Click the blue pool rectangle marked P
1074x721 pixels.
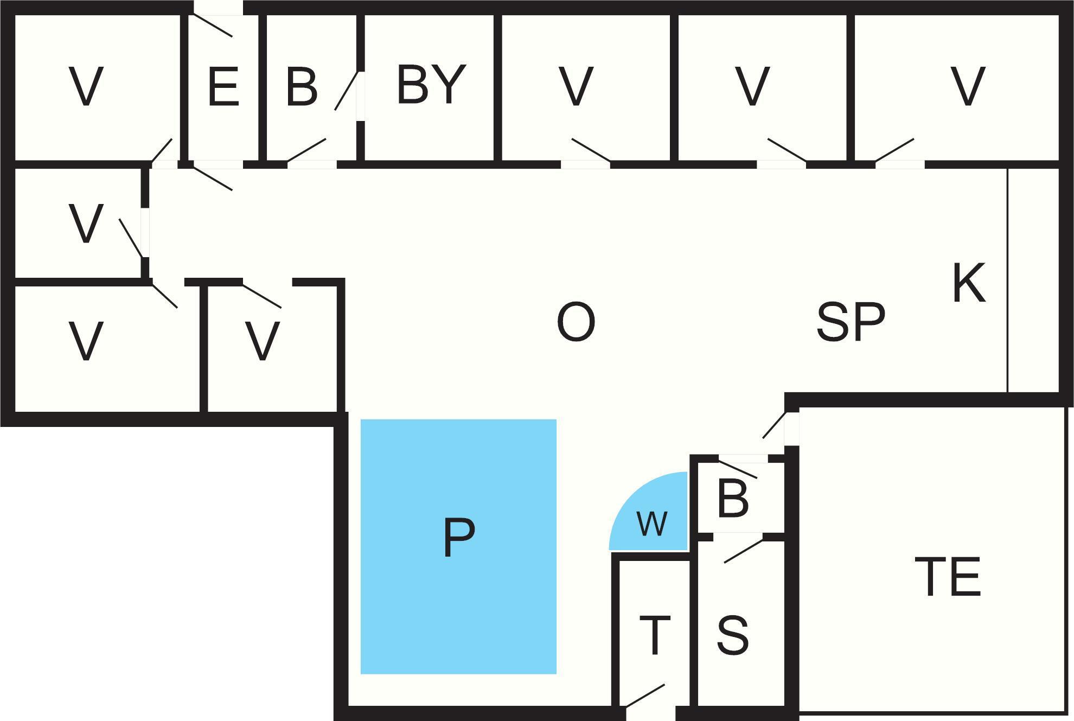458,546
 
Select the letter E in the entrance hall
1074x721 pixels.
223,86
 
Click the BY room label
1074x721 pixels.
431,84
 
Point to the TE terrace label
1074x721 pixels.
948,577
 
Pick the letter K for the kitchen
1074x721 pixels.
969,283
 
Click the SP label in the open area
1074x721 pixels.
851,322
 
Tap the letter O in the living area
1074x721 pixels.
576,322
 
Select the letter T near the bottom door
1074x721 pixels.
655,635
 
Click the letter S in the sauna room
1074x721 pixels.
733,635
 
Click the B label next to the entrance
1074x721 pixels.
302,86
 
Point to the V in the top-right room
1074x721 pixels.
968,86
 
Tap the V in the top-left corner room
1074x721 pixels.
86,86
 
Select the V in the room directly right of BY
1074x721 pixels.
576,86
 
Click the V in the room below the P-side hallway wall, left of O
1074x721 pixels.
263,341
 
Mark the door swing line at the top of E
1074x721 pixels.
213,25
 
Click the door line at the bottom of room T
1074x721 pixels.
645,696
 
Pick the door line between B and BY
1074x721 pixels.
346,91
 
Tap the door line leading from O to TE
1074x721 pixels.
774,425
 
